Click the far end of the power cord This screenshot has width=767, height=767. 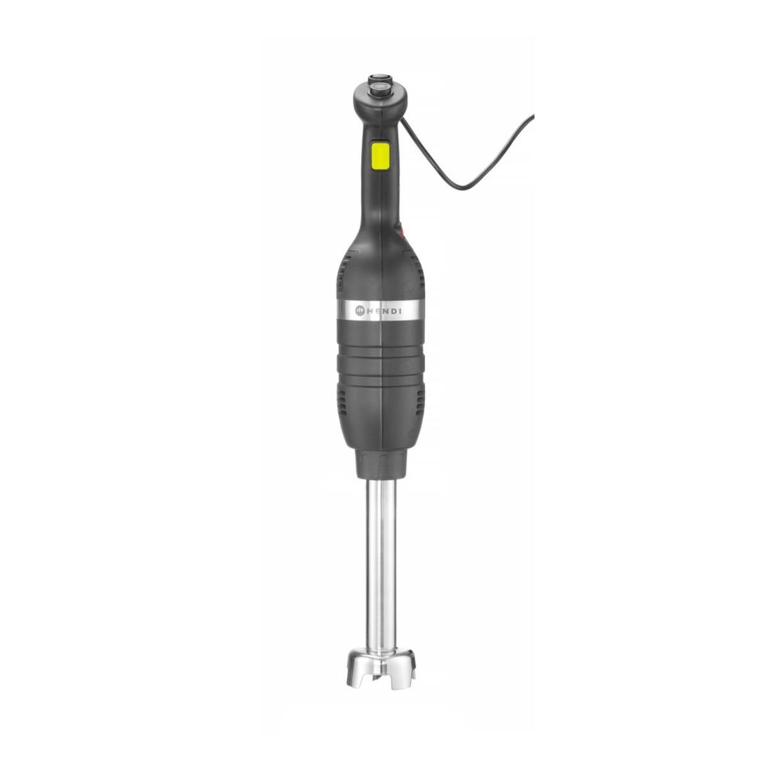533,116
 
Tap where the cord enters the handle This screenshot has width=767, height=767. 401,120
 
